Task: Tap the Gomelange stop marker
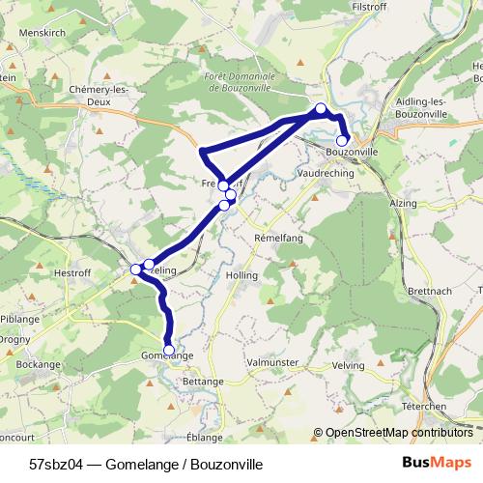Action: pos(169,350)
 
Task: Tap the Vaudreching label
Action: pos(326,172)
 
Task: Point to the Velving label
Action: pos(348,365)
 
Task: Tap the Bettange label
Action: pos(202,383)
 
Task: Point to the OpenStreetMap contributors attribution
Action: pos(399,434)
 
